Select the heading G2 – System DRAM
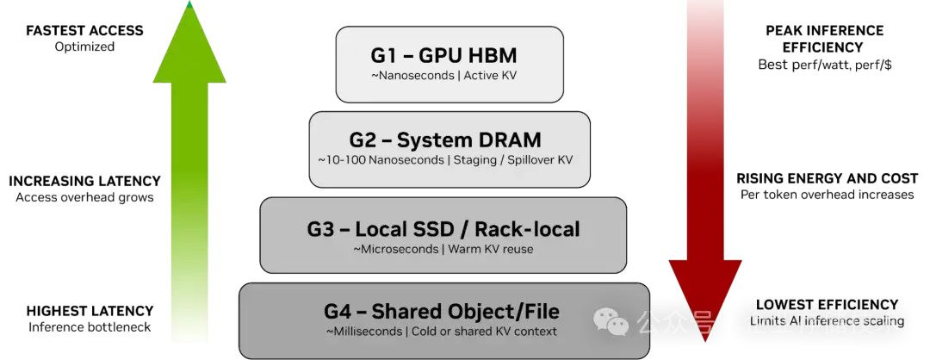click(x=445, y=140)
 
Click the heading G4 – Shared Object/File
click(x=442, y=311)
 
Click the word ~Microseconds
click(x=394, y=250)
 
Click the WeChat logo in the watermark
click(x=614, y=324)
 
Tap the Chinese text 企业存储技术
click(x=821, y=324)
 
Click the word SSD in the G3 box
click(x=432, y=229)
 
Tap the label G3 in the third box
click(x=320, y=229)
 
